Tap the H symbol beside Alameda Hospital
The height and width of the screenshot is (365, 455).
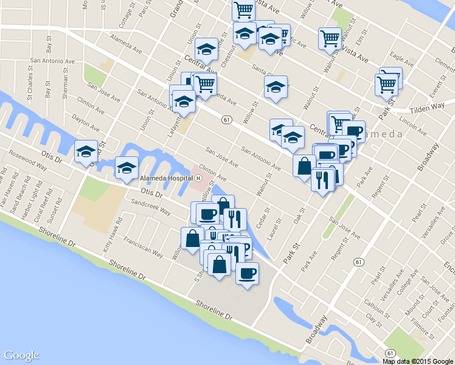tap(199, 178)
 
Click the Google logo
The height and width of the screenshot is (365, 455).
tap(21, 355)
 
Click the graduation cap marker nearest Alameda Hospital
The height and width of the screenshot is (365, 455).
tap(127, 168)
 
